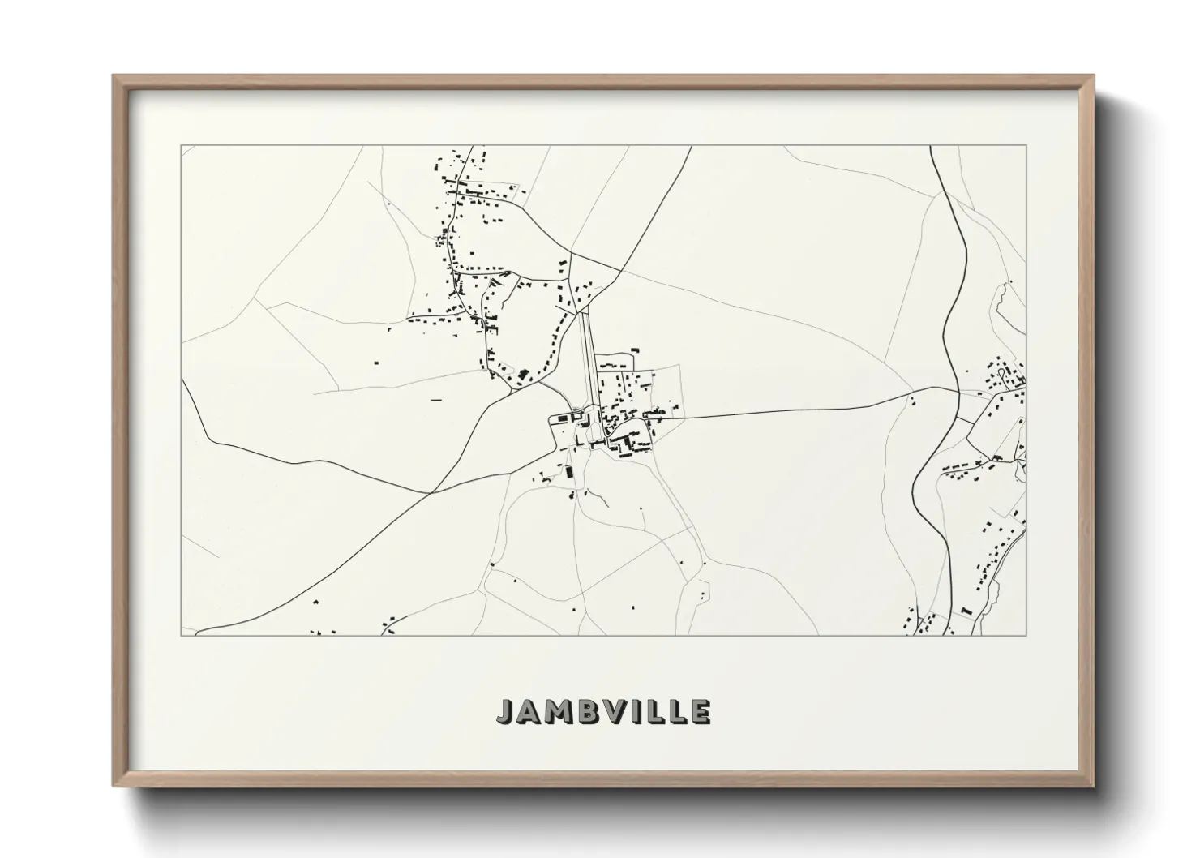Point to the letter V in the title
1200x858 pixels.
tap(624, 712)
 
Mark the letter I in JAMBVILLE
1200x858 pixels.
tap(646, 712)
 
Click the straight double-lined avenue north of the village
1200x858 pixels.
tap(588, 357)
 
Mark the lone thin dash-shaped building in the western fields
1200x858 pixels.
tap(436, 400)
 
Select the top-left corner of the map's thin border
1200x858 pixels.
tap(182, 146)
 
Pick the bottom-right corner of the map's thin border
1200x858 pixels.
tap(1026, 635)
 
